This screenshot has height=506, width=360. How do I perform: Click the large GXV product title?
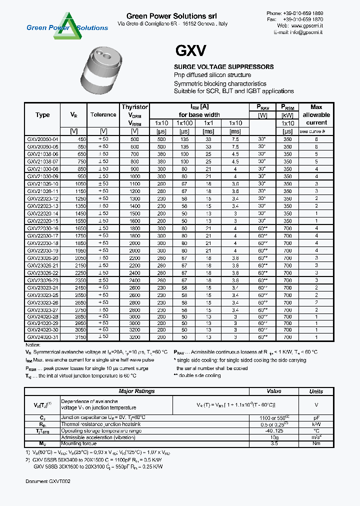click(190, 51)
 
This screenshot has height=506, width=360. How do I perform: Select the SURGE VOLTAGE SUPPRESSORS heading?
click(223, 67)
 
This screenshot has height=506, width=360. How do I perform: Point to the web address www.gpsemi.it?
click(306, 25)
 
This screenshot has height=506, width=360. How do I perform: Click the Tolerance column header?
click(103, 115)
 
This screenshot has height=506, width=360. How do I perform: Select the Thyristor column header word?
click(134, 107)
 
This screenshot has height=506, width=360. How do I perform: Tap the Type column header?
click(42, 115)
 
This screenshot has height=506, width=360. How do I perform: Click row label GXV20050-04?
click(42, 139)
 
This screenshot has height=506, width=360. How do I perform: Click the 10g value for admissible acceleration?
click(274, 437)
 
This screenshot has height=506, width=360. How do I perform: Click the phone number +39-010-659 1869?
click(305, 12)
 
